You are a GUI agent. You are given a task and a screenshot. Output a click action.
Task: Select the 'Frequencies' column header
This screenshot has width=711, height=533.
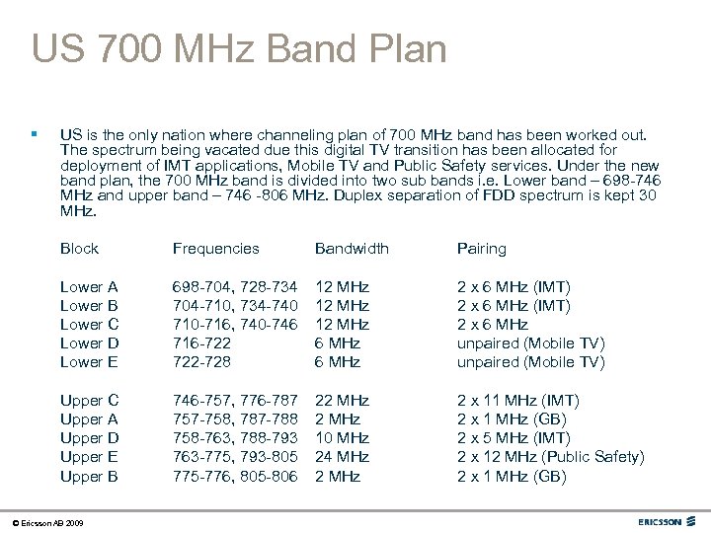pos(215,249)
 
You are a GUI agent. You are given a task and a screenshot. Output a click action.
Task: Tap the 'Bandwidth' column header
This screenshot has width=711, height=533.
pos(352,249)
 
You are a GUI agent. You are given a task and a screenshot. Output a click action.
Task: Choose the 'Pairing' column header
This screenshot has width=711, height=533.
pos(481,249)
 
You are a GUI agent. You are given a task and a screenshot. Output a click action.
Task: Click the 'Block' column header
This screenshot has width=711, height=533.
pos(79,249)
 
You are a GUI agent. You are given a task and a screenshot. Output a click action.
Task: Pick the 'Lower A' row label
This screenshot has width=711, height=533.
pos(89,286)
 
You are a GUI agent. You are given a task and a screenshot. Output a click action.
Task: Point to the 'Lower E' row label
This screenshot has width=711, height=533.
pos(89,361)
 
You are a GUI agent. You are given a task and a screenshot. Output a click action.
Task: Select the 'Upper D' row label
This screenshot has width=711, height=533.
pos(89,437)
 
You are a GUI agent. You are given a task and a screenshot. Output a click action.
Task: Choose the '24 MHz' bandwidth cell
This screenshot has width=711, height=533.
pos(342,456)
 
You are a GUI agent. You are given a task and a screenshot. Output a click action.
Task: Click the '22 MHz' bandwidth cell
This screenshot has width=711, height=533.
pos(342,400)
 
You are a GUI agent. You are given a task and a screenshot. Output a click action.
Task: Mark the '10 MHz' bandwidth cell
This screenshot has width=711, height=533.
pos(342,437)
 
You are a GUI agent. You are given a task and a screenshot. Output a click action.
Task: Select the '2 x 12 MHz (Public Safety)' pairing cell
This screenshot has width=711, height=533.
pos(550,456)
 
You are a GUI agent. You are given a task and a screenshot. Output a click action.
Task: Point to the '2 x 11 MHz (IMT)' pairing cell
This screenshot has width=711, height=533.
pos(517,400)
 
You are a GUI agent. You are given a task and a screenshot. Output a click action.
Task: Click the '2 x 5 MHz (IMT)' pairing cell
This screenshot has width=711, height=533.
pos(513,437)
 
